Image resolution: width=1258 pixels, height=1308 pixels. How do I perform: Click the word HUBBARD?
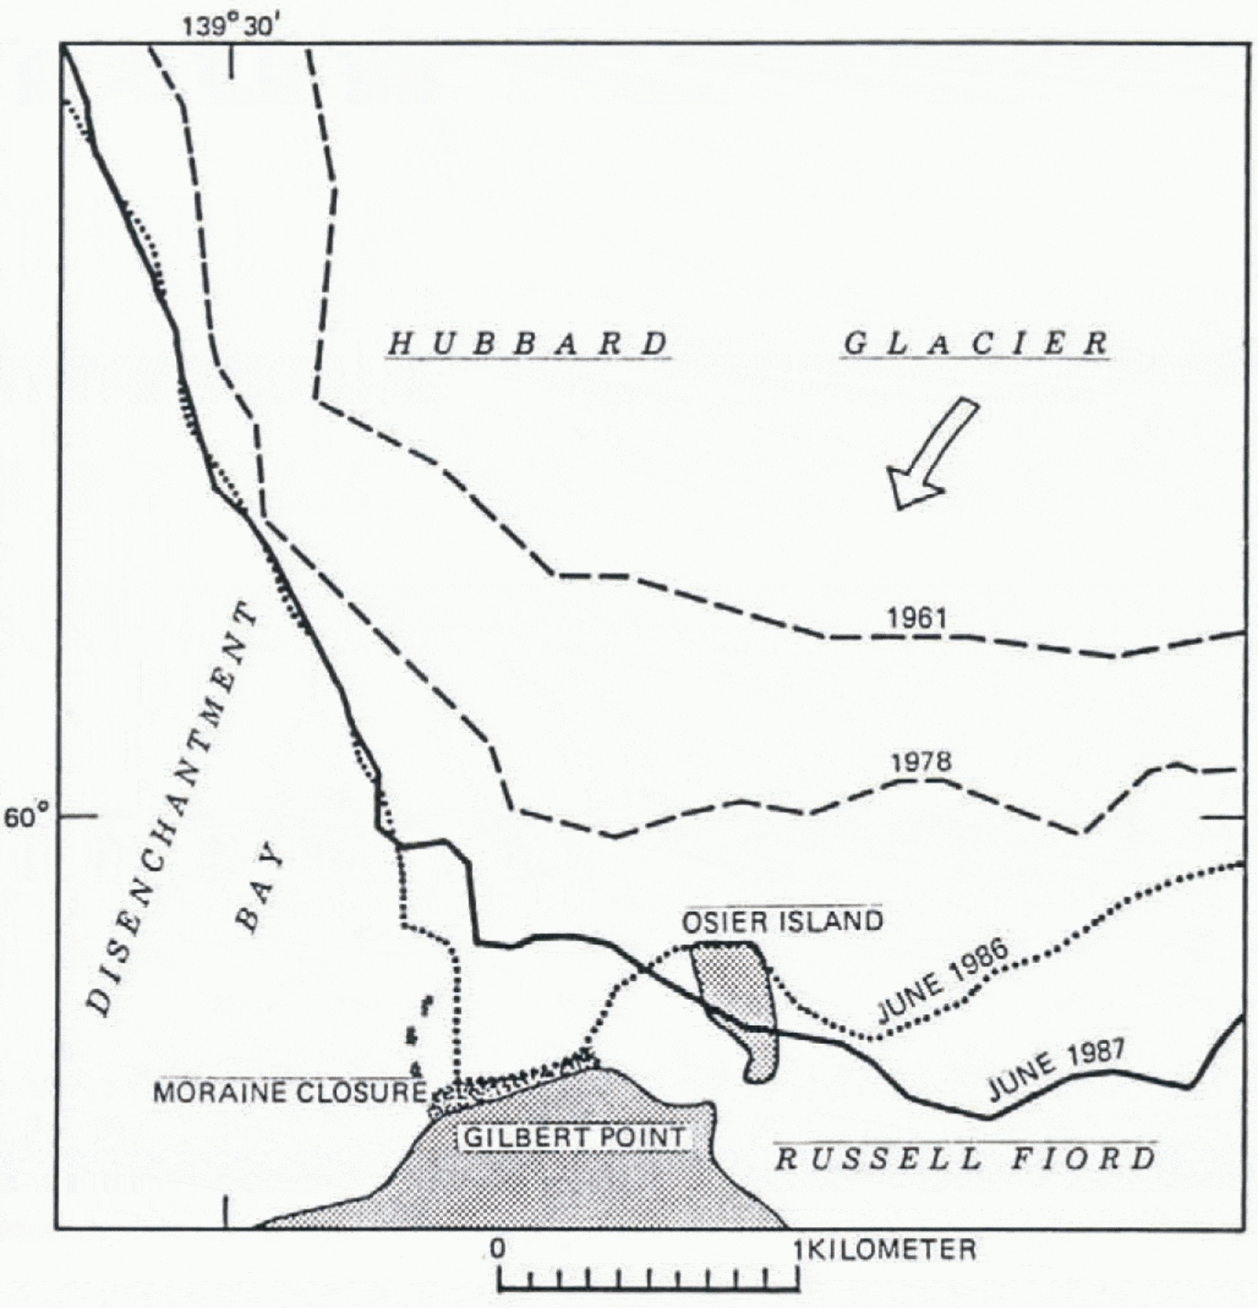[x=529, y=344]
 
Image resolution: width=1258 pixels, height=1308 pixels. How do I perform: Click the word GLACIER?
[x=976, y=344]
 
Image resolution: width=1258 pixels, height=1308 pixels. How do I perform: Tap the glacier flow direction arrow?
[x=931, y=455]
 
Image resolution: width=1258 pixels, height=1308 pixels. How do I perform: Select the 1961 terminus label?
[x=917, y=618]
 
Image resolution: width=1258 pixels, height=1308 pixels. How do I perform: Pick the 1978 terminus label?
[x=920, y=763]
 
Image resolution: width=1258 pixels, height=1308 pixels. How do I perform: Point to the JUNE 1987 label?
[x=1056, y=1071]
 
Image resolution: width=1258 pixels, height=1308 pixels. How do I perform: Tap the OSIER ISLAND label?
[x=782, y=922]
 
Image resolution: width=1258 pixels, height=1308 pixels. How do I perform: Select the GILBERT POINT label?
[x=574, y=1138]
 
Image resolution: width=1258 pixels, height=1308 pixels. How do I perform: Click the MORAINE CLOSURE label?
[x=289, y=1092]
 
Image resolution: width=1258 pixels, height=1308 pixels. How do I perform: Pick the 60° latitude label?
[x=27, y=818]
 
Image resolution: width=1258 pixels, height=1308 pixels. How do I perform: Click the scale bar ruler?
[x=649, y=1277]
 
